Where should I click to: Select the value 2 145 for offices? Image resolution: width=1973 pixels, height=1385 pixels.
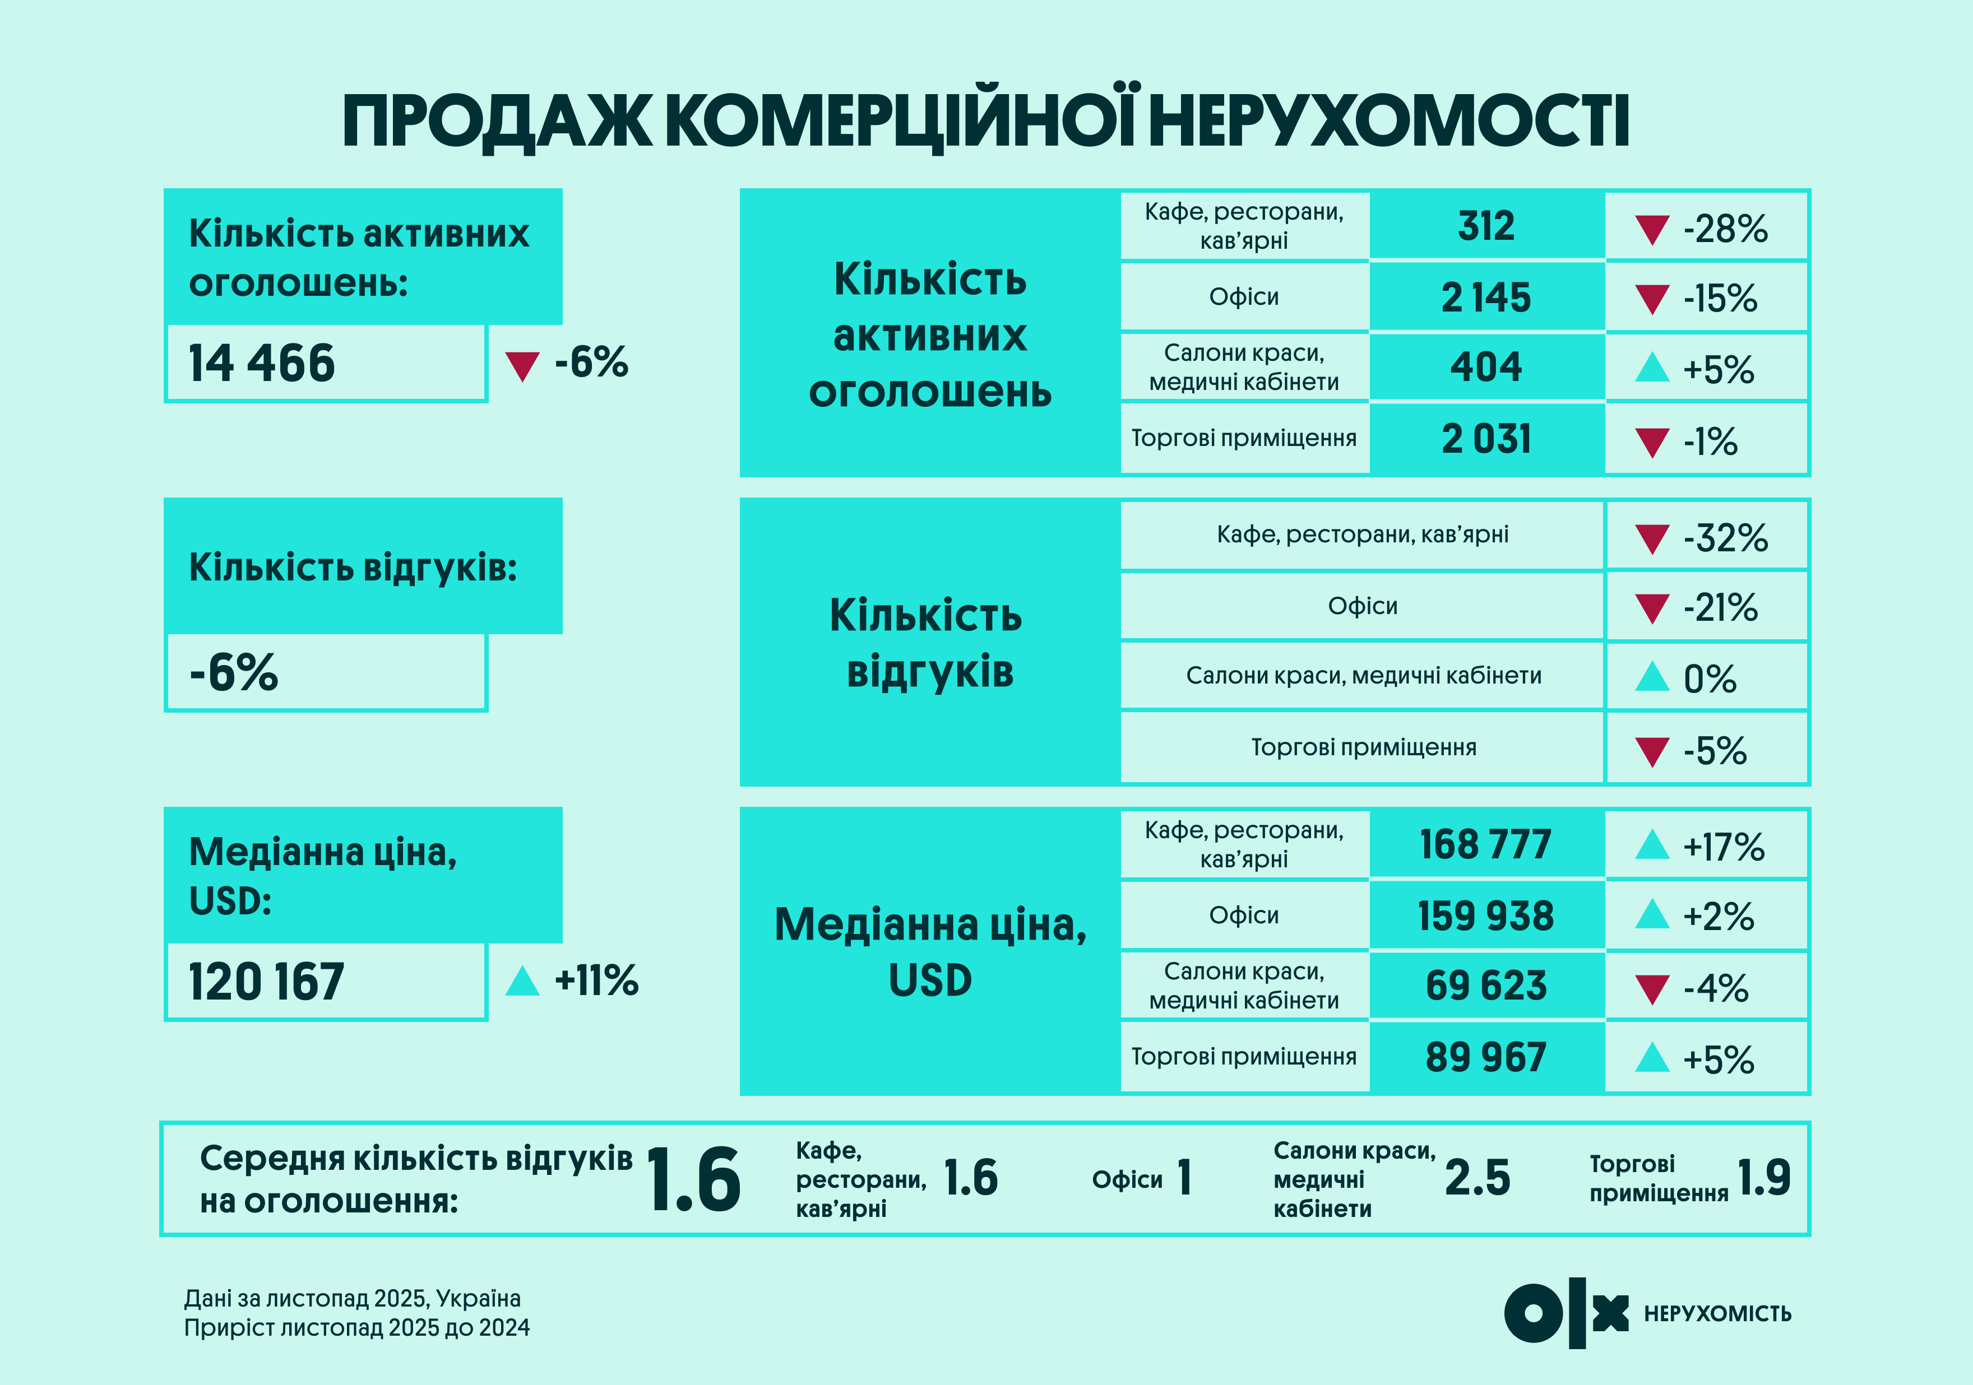click(1486, 298)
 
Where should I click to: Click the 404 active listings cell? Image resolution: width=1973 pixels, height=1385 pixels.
click(1486, 368)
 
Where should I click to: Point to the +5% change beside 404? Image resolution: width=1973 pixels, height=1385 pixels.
click(1718, 369)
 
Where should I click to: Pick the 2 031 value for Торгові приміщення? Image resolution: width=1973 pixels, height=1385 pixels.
click(1486, 439)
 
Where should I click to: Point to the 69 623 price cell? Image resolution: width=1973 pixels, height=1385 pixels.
click(1486, 986)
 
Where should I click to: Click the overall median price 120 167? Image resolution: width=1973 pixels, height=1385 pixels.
click(266, 982)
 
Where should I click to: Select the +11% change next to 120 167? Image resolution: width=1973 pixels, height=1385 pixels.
click(596, 980)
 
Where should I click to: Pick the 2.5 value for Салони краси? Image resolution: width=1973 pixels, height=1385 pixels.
click(1476, 1178)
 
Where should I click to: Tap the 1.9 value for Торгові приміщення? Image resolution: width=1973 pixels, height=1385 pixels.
click(1763, 1178)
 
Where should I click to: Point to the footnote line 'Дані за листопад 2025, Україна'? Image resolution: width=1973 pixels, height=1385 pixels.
click(353, 1298)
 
